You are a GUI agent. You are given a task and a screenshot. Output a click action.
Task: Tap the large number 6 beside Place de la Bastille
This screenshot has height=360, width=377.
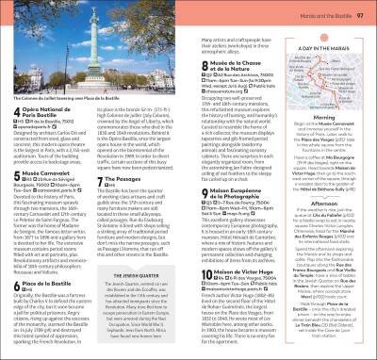[x=15, y=285]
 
